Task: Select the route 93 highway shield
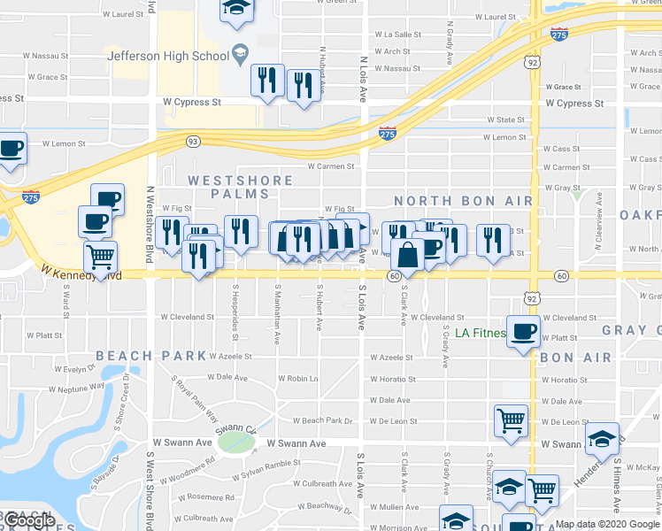[192, 141]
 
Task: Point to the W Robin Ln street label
[297, 378]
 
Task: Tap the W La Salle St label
[398, 35]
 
